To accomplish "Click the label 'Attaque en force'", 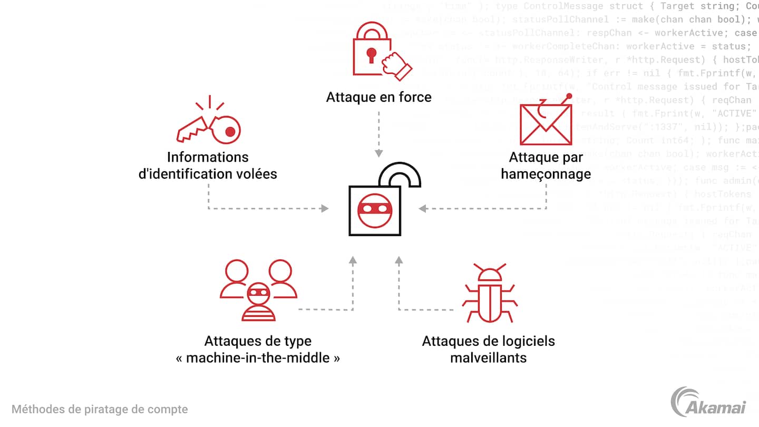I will point(378,97).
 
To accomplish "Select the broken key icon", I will point(209,122).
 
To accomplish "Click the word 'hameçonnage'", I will point(546,173).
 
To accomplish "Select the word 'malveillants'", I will point(488,358).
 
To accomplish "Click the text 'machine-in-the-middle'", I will point(258,358).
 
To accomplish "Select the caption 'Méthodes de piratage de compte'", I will point(100,409).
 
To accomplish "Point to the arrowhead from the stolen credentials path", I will point(325,209).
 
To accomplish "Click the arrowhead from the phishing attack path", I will point(423,209).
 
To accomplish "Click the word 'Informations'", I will point(208,157).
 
